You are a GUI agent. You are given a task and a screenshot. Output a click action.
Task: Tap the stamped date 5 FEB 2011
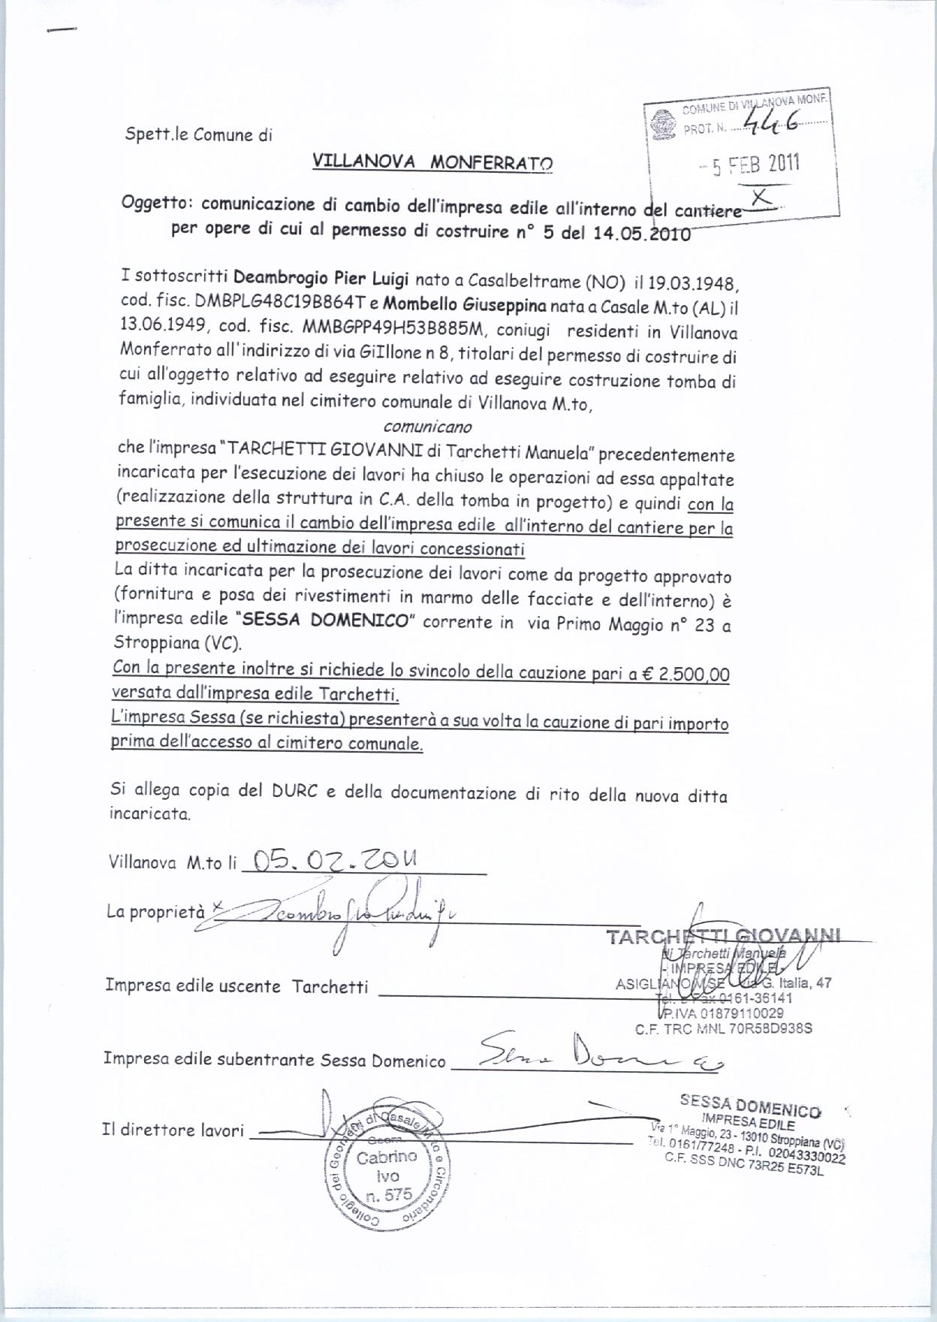(x=756, y=164)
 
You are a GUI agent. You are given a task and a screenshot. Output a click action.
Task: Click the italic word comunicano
(x=427, y=427)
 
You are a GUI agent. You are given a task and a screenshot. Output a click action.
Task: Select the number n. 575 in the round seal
(x=390, y=1195)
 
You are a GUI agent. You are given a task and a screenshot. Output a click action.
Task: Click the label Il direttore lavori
(x=173, y=1130)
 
